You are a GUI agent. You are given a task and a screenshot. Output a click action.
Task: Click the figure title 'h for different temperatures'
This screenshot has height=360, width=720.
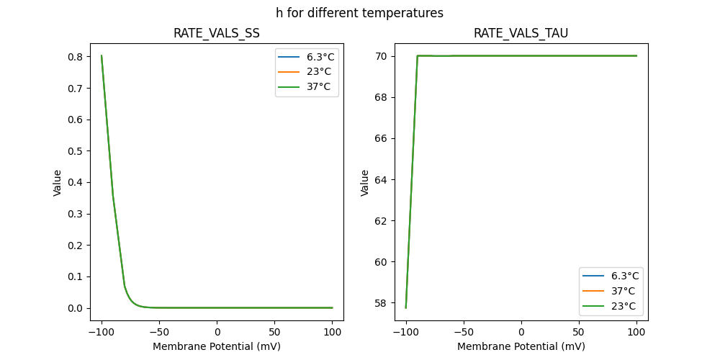359,13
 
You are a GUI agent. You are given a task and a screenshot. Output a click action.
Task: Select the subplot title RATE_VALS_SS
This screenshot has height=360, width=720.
216,33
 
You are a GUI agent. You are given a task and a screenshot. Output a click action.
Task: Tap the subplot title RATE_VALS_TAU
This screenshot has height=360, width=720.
521,33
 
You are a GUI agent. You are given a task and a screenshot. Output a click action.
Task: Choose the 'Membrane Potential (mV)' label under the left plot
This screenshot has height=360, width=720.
216,346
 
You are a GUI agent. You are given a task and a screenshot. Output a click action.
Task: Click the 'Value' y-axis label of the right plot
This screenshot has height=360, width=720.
365,182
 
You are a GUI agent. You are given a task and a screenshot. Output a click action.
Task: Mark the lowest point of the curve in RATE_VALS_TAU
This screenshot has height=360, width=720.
406,308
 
